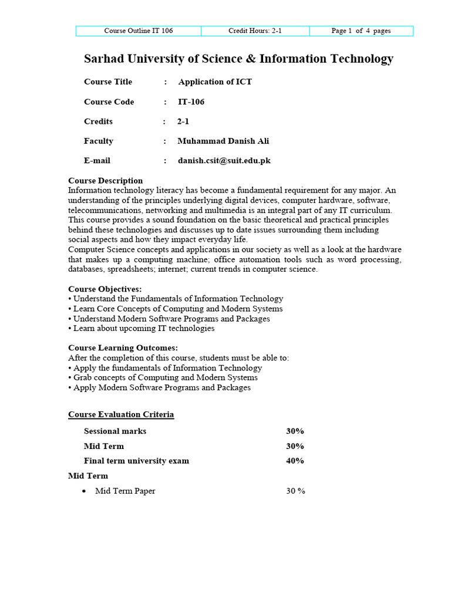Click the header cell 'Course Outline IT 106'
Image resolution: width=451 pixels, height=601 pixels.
coord(139,31)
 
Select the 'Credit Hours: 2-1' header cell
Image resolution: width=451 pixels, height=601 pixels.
coord(255,31)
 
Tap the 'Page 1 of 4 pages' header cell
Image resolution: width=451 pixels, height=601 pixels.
coord(361,31)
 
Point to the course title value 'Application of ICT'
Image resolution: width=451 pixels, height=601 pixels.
coord(215,82)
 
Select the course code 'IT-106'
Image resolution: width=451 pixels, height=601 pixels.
coord(191,102)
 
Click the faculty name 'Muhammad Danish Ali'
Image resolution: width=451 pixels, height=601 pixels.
coord(224,141)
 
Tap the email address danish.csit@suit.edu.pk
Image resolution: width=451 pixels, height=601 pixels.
coord(224,161)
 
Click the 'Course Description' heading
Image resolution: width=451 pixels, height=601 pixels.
coord(106,181)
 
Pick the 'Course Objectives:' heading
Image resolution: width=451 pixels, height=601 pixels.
coord(105,289)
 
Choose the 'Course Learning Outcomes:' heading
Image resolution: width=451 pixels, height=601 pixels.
coord(123,348)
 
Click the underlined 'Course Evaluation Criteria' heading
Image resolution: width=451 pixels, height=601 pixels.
coord(121,415)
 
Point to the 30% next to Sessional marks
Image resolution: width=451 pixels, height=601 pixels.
coord(295,431)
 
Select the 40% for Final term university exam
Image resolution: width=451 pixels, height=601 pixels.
coord(295,461)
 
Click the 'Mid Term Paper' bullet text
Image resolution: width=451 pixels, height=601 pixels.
coord(125,491)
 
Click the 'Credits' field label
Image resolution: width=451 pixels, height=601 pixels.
coord(98,121)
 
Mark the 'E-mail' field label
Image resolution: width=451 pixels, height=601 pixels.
coord(97,161)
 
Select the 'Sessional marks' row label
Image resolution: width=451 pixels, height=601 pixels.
coord(115,431)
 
